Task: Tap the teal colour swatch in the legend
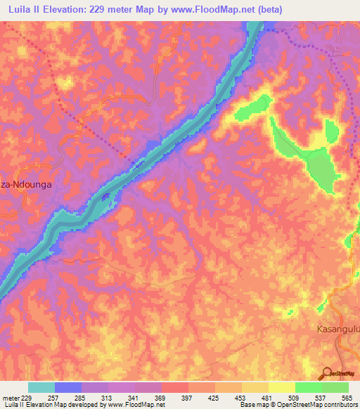click(41, 387)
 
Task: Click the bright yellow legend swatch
click(281, 387)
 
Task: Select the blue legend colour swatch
click(68, 387)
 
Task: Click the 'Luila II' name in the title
click(25, 8)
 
